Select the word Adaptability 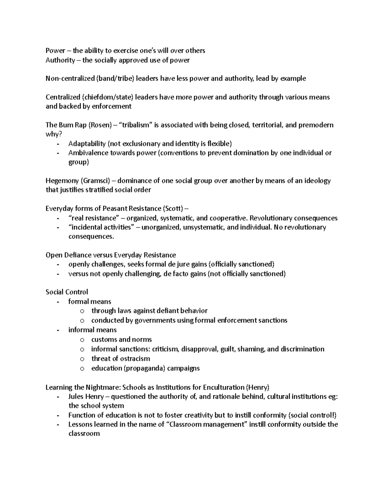pyautogui.click(x=87, y=144)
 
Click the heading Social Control pyautogui.click(x=67, y=292)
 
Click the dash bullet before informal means pyautogui.click(x=58, y=330)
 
